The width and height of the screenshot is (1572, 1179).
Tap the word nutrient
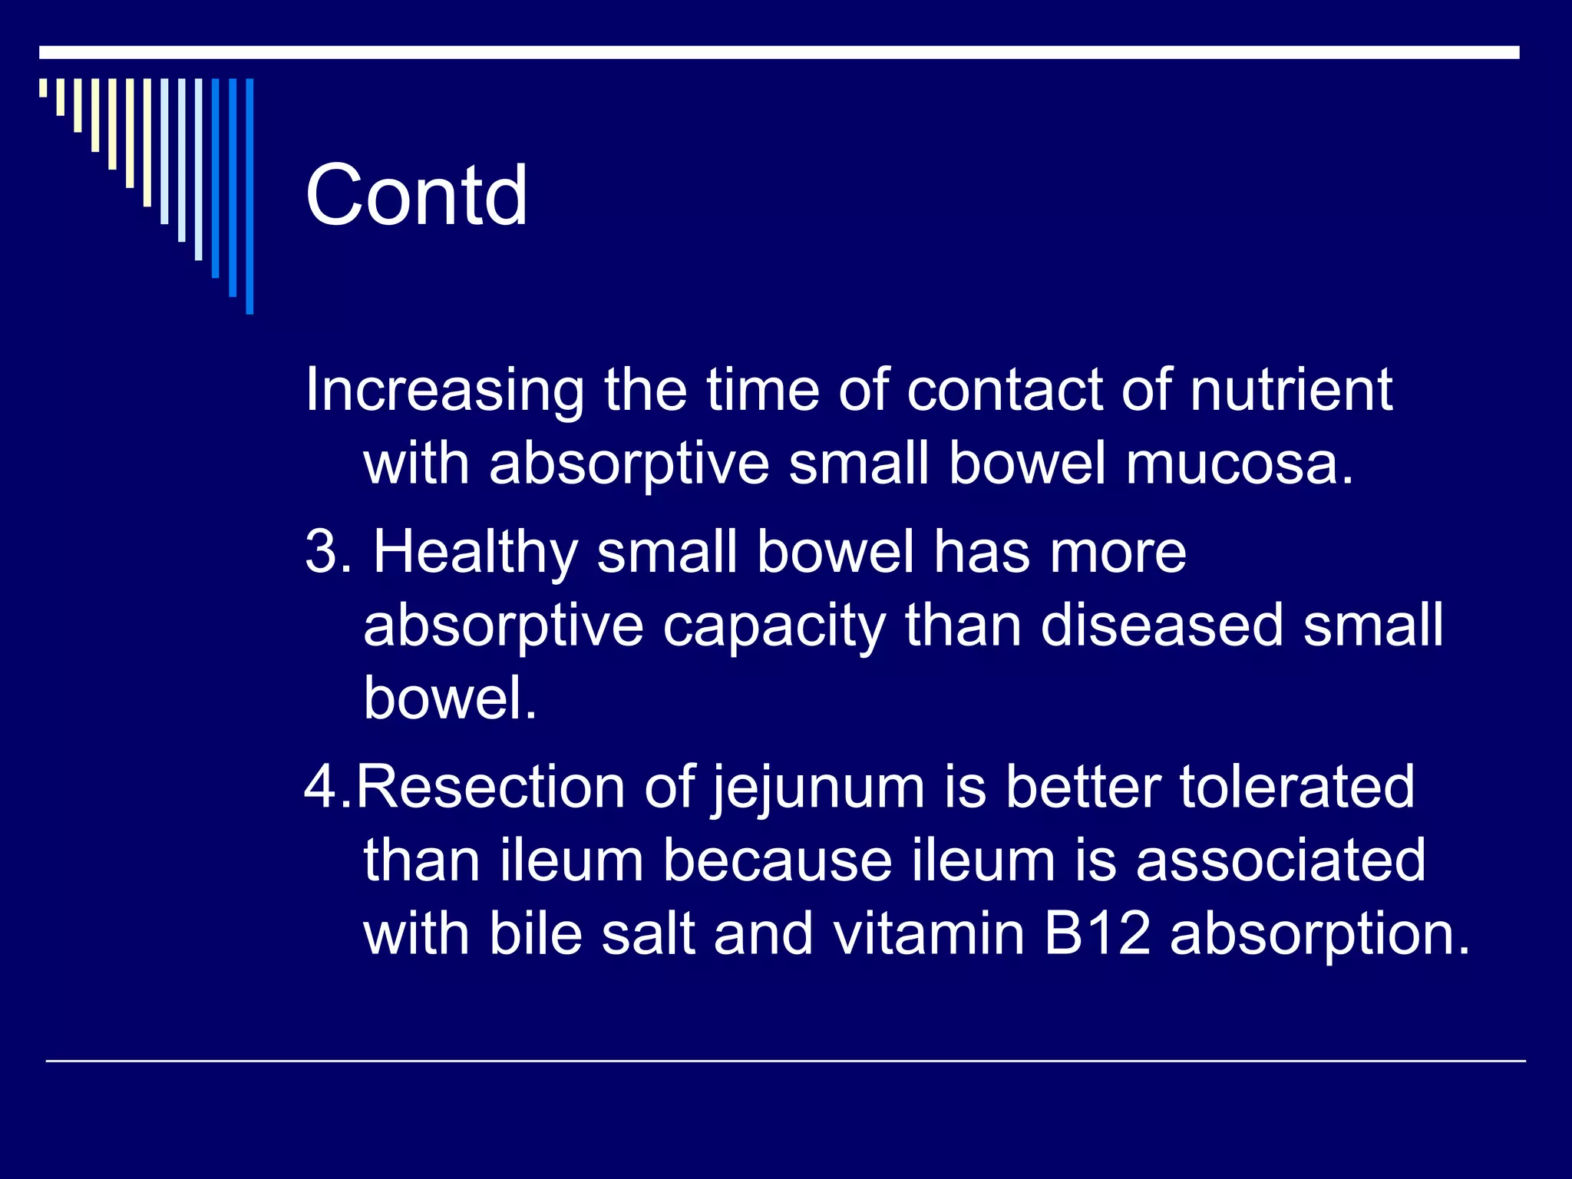[x=1291, y=389]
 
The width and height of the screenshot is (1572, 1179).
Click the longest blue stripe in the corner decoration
[x=249, y=196]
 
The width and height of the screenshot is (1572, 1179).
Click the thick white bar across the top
[x=778, y=52]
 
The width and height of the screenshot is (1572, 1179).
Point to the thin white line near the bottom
[x=784, y=1061]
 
